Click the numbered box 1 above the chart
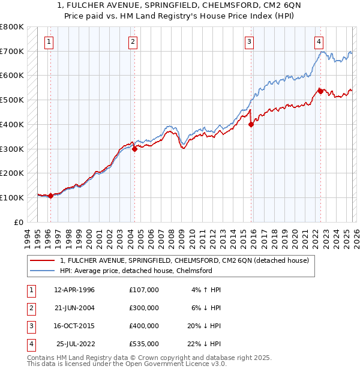tap(49, 41)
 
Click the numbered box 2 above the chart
tap(133, 41)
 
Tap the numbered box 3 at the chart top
tap(248, 41)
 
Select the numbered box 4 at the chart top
tap(319, 41)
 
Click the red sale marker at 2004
tap(134, 149)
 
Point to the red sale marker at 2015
tap(250, 125)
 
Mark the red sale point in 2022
tap(320, 91)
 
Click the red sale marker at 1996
tap(50, 196)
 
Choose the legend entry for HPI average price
tap(136, 271)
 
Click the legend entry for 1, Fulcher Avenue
tap(184, 260)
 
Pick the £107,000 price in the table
tap(144, 290)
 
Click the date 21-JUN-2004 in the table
tap(74, 308)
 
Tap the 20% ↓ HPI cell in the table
tap(203, 326)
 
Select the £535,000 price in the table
tap(144, 344)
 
